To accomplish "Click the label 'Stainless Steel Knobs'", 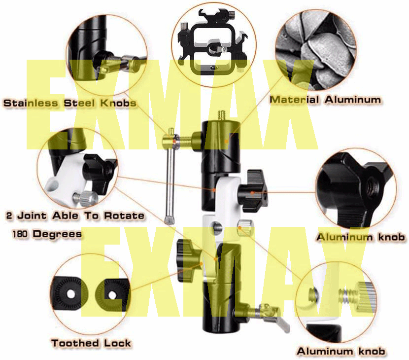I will pos(69,103).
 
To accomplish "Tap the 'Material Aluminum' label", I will pos(326,100).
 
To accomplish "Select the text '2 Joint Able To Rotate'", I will pos(75,216).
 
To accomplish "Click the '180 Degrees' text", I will pos(47,234).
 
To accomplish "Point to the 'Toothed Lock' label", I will pos(92,343).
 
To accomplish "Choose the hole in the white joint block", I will pos(217,228).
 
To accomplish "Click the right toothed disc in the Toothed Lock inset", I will pos(112,294).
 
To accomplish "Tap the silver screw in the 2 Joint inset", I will pos(84,199).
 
